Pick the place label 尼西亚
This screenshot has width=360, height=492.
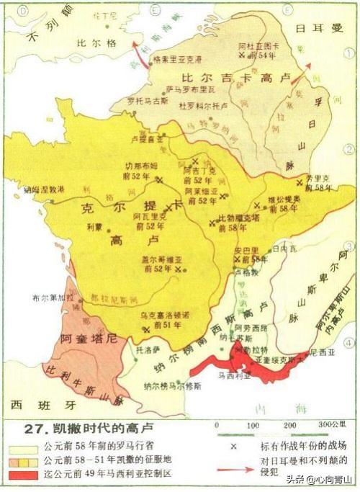(310, 353)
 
